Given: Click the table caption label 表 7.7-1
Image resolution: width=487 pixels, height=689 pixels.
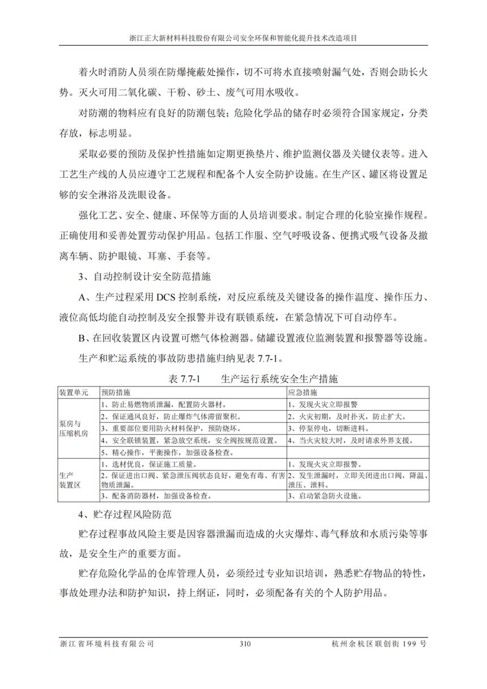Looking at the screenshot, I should point(186,378).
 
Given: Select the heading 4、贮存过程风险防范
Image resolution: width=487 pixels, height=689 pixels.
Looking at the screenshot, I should point(124,516).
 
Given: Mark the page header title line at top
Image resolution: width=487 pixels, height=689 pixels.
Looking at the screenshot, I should point(244,39).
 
